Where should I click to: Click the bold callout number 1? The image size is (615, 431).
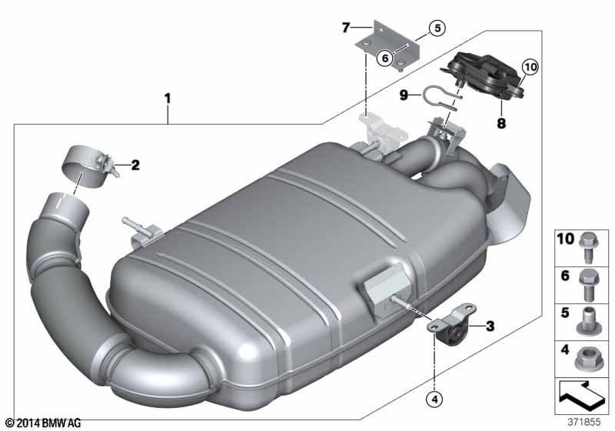click(x=168, y=99)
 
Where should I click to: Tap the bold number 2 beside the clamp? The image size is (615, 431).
click(x=135, y=165)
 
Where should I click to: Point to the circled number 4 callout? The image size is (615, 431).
click(x=434, y=399)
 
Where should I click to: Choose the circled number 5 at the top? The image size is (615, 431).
click(x=437, y=28)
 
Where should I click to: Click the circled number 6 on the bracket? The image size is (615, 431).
click(x=385, y=58)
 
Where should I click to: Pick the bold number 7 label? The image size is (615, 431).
click(x=345, y=28)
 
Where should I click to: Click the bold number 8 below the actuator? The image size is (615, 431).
click(x=501, y=124)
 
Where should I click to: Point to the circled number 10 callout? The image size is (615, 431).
click(x=530, y=67)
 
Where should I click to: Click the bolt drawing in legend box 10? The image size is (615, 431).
click(x=587, y=247)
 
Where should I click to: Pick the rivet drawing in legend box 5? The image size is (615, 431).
click(x=587, y=321)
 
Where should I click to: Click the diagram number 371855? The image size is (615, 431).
click(x=584, y=422)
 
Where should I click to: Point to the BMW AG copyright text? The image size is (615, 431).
click(x=44, y=423)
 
